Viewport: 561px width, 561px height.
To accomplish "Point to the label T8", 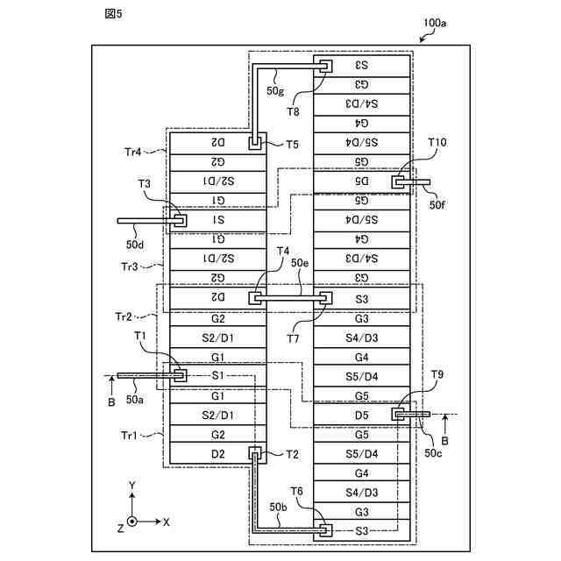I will (x=293, y=112).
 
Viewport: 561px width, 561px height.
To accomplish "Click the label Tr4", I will (x=134, y=151).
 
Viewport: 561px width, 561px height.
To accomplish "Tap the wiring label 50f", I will (x=437, y=203).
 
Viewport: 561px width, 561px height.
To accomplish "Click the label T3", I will (x=144, y=183).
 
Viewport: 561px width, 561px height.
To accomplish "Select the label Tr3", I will (x=134, y=265).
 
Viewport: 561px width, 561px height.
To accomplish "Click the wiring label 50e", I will (x=299, y=262).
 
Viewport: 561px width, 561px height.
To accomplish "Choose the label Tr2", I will (x=125, y=315).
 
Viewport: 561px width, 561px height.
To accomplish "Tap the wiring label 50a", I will (x=134, y=398).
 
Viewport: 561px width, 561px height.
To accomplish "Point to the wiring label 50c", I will (x=434, y=452).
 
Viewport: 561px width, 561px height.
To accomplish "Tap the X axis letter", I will (x=166, y=522).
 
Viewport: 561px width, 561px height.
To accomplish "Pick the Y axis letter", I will (x=131, y=484).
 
